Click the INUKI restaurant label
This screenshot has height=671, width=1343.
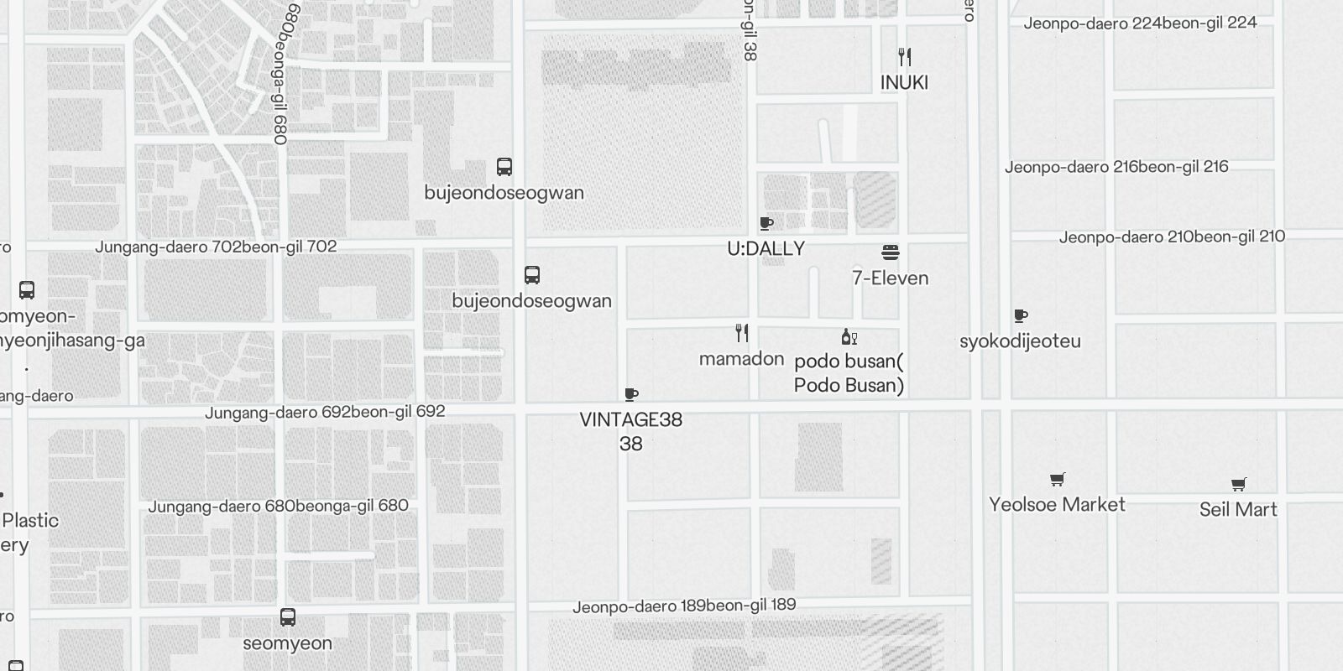tap(904, 82)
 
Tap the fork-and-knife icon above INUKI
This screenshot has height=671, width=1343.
tap(904, 57)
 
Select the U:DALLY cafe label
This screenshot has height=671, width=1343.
tap(766, 248)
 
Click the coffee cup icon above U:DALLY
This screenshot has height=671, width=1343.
tap(766, 223)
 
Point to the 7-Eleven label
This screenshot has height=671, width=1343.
tap(890, 278)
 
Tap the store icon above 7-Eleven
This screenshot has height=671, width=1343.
tap(891, 252)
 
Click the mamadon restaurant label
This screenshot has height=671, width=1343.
tap(741, 359)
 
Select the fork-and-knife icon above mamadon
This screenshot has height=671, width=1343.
tap(742, 333)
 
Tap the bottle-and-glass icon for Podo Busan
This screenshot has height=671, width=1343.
tap(849, 337)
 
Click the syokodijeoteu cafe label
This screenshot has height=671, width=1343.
tap(1020, 341)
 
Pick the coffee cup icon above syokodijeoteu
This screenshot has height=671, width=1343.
tap(1021, 316)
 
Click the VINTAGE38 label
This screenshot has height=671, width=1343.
tap(630, 420)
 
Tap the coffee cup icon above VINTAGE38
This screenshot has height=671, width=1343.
tap(631, 395)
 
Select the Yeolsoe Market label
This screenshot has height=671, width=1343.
tap(1057, 504)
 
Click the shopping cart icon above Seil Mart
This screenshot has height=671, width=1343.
tap(1238, 484)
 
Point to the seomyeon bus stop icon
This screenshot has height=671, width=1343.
tap(288, 618)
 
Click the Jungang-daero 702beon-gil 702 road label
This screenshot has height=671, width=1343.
tap(216, 247)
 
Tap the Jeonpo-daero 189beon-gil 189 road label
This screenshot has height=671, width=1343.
tap(684, 606)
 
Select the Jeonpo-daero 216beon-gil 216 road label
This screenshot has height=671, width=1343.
tap(1116, 167)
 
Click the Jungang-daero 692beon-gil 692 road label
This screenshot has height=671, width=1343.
tap(325, 413)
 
